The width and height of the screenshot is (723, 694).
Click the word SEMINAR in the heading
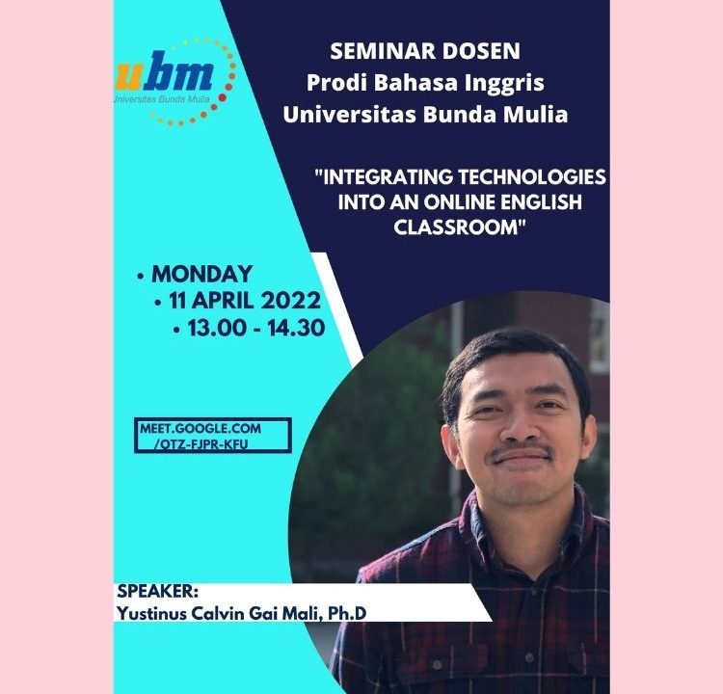click(x=377, y=51)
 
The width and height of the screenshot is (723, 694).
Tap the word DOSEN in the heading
click(x=474, y=51)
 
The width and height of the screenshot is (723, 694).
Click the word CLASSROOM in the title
click(x=460, y=227)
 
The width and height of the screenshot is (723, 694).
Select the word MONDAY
click(x=202, y=274)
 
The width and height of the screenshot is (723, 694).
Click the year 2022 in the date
click(x=290, y=301)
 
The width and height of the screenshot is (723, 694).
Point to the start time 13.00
click(x=217, y=329)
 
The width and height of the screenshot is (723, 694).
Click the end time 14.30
click(x=296, y=329)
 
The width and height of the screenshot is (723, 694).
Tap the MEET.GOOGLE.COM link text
click(x=201, y=428)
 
